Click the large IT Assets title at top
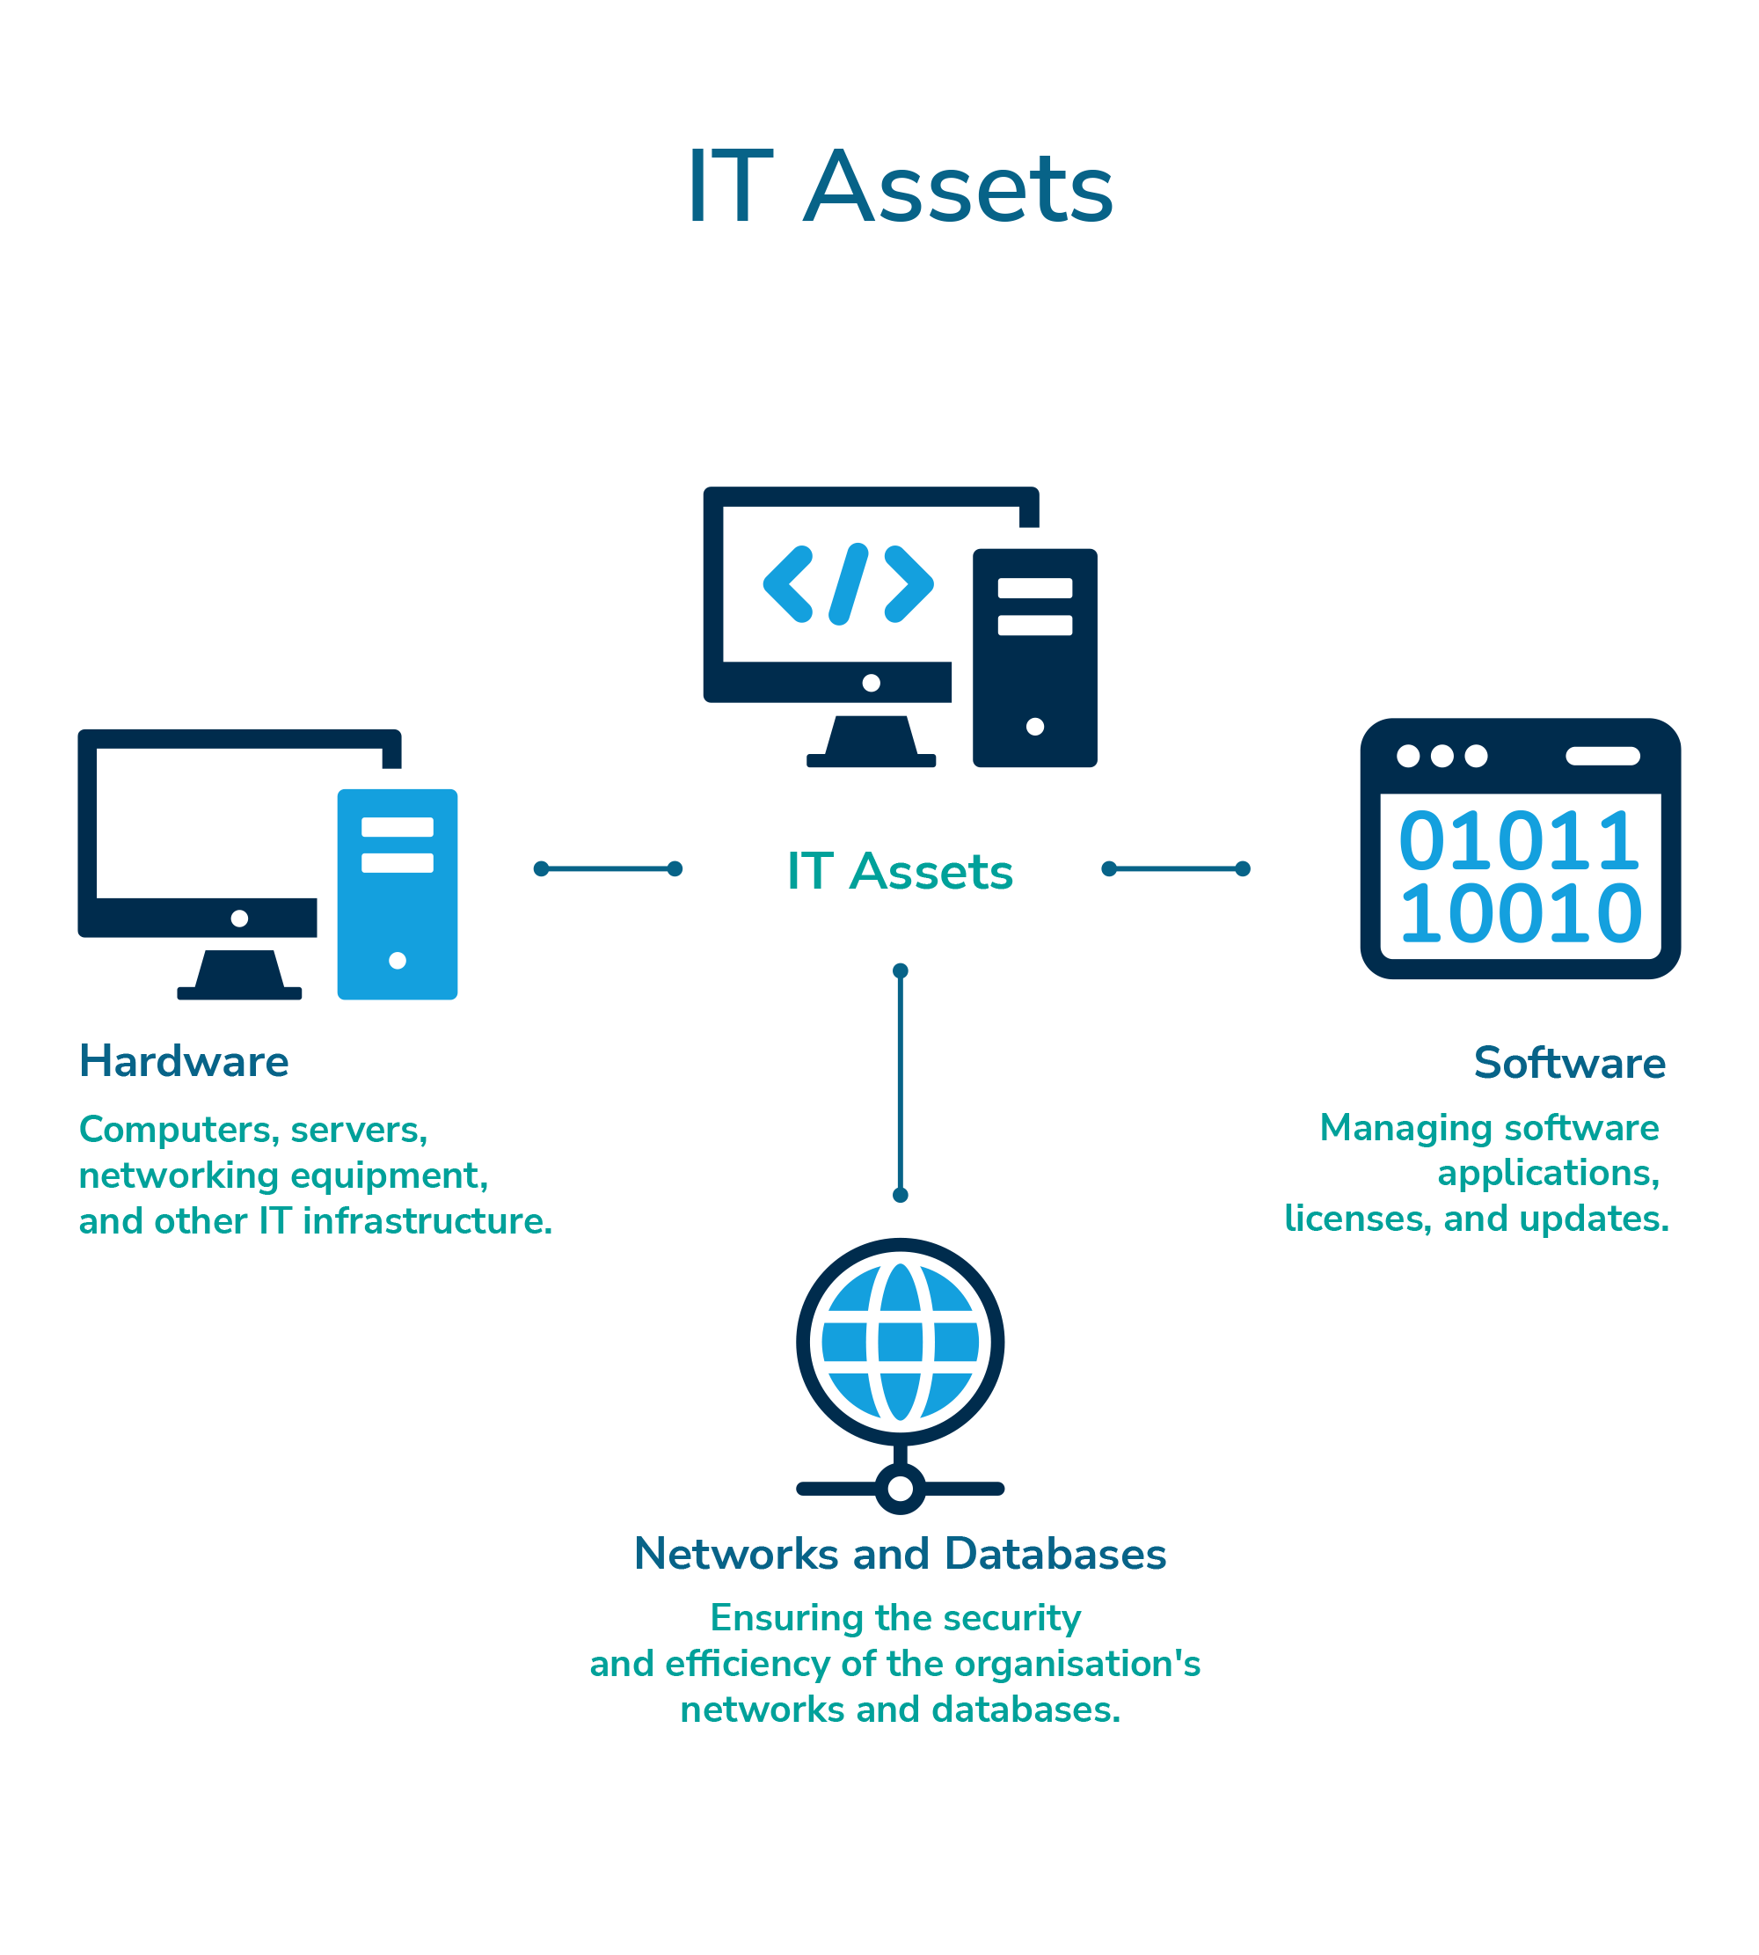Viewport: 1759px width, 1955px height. click(900, 188)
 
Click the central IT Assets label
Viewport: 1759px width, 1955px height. click(900, 871)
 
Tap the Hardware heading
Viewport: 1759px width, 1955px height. click(184, 1062)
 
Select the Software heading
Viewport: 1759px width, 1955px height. click(1570, 1064)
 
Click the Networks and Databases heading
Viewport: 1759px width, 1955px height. click(900, 1555)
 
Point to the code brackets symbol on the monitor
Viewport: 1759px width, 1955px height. click(848, 584)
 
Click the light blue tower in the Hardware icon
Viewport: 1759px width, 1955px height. click(398, 894)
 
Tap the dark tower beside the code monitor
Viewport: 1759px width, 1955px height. click(1034, 659)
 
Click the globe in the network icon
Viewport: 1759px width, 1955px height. click(900, 1343)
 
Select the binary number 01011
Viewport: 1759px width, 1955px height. click(1519, 840)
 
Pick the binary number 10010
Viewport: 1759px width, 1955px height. click(1521, 912)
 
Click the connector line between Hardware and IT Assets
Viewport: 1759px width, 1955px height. click(608, 869)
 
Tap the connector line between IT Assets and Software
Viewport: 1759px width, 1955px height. click(1175, 869)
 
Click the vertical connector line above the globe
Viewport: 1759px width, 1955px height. click(900, 1083)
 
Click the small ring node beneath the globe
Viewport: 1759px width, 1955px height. click(900, 1489)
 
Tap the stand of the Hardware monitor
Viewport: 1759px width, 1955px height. click(240, 971)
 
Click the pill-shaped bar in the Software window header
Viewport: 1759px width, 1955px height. click(1602, 756)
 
